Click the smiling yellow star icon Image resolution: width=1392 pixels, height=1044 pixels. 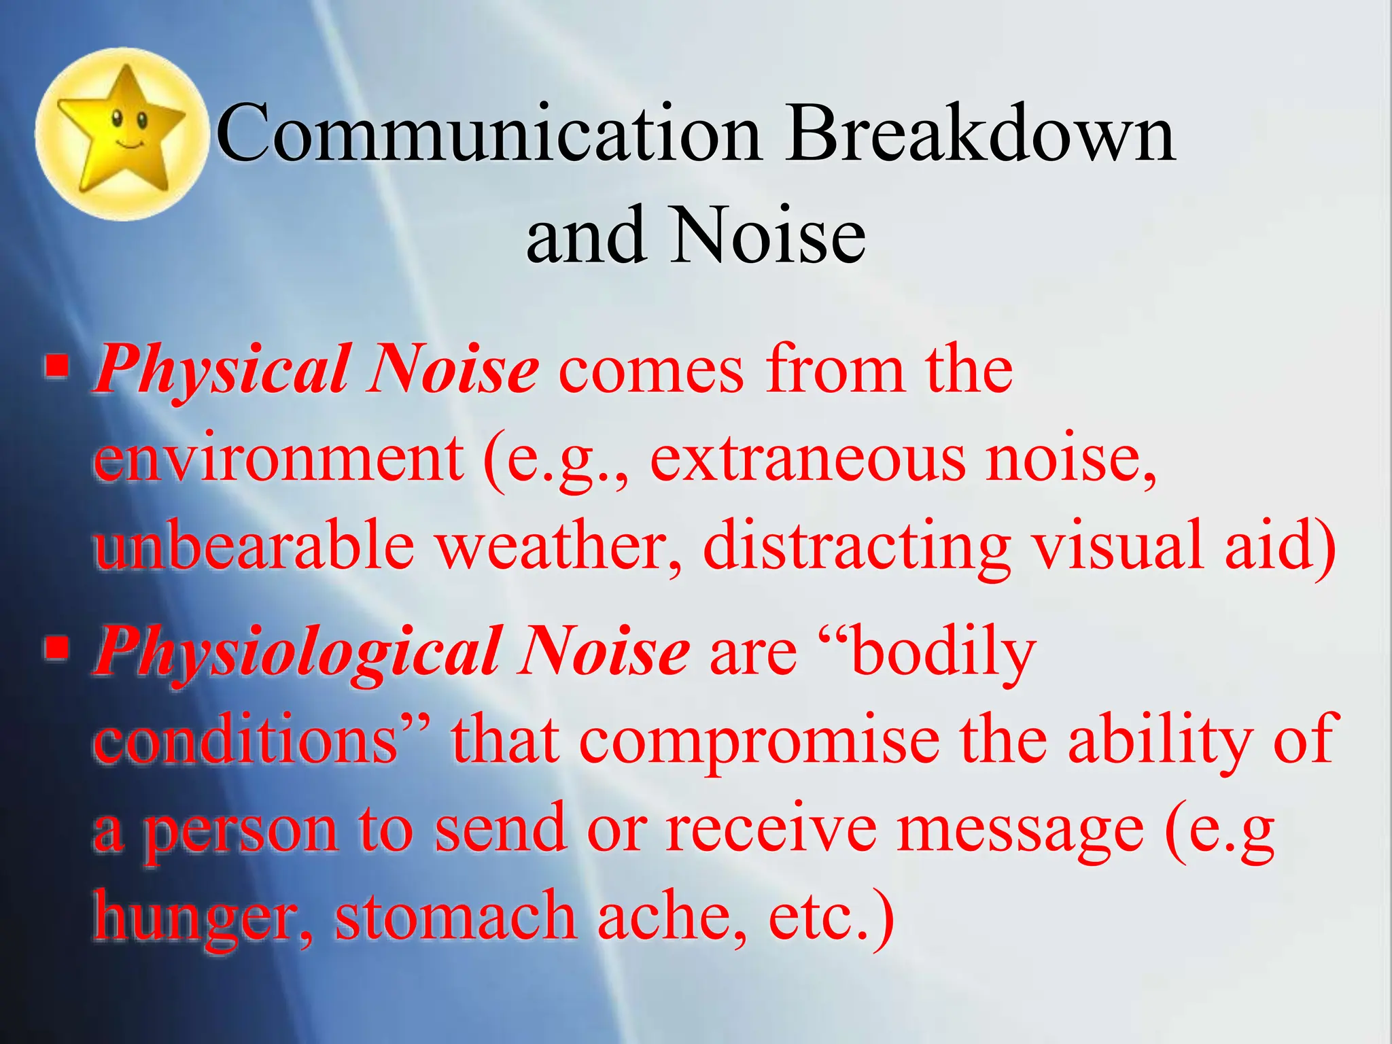tap(121, 133)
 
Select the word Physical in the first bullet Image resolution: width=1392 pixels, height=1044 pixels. tap(221, 371)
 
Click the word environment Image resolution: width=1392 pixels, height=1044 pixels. tap(279, 459)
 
